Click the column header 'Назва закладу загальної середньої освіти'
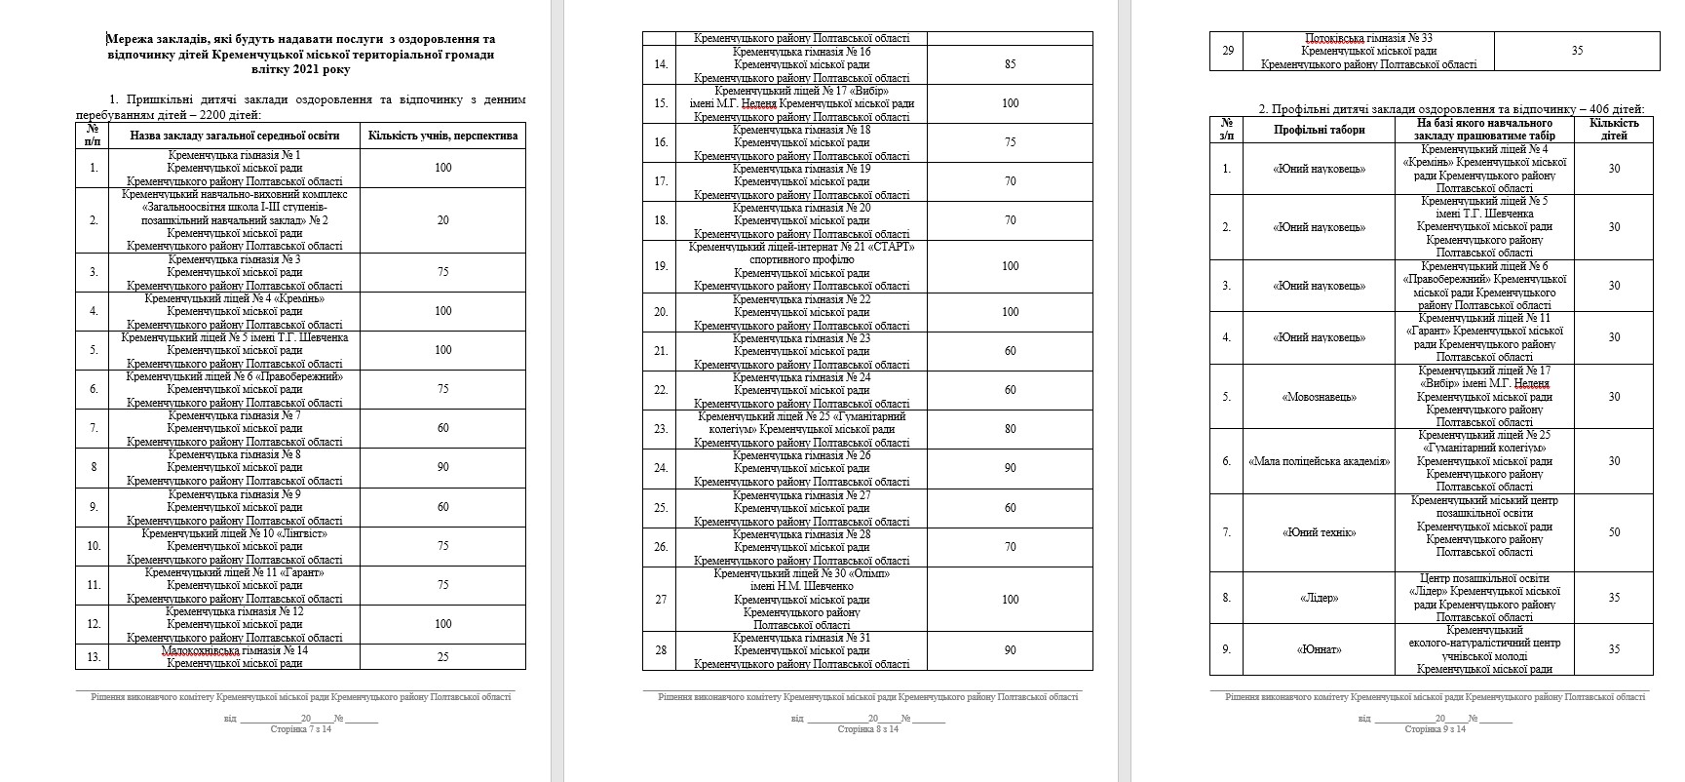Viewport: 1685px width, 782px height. [235, 135]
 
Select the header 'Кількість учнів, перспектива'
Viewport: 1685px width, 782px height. [442, 135]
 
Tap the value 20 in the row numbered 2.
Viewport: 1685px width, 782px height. [442, 220]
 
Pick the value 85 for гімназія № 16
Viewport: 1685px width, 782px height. [1010, 64]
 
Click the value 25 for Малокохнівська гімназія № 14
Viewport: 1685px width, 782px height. [442, 656]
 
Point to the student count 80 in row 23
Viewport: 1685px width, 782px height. [1010, 429]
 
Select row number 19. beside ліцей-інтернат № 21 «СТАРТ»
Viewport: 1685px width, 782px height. [661, 266]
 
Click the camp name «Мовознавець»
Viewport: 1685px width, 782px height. [1319, 397]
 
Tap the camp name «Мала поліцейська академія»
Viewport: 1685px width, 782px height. [1319, 461]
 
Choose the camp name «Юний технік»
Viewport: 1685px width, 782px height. [1319, 532]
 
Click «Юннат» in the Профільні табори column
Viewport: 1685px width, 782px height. [1319, 649]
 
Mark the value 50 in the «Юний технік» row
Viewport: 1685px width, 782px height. [1614, 532]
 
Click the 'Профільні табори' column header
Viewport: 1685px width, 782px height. [1319, 130]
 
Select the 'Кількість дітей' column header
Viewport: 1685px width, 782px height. [1614, 130]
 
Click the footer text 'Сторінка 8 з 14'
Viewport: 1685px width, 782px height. [867, 728]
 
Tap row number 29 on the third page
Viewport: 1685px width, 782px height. [1227, 51]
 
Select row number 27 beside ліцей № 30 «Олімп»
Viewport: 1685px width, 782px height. [661, 599]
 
